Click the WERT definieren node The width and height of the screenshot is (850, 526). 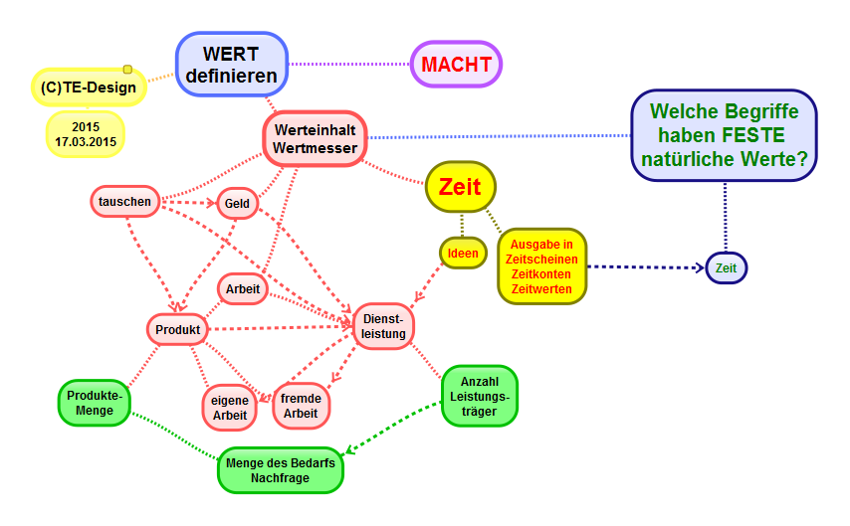coord(233,65)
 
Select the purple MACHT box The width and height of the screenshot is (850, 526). coord(456,65)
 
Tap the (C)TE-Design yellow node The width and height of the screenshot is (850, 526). coord(89,88)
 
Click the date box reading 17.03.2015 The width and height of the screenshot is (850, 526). coord(86,134)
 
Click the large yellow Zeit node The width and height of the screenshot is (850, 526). coord(460,186)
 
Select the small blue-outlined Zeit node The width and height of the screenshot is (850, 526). coord(727,267)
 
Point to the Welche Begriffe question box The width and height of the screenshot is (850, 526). coord(724,135)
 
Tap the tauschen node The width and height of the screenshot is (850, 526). coord(124,202)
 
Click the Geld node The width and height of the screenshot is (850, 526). coord(237,204)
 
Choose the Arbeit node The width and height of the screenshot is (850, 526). coord(243,289)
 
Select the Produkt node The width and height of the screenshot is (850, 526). coord(178,329)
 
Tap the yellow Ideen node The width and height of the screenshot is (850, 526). coord(463,253)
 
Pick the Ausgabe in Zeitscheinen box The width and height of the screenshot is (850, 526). coord(541,266)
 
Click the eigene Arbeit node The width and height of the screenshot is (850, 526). coord(229,407)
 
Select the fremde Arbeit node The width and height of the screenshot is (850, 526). coord(301,406)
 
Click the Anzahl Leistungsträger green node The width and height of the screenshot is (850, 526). coord(480,396)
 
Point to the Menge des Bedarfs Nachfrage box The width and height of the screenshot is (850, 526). coord(280,470)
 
